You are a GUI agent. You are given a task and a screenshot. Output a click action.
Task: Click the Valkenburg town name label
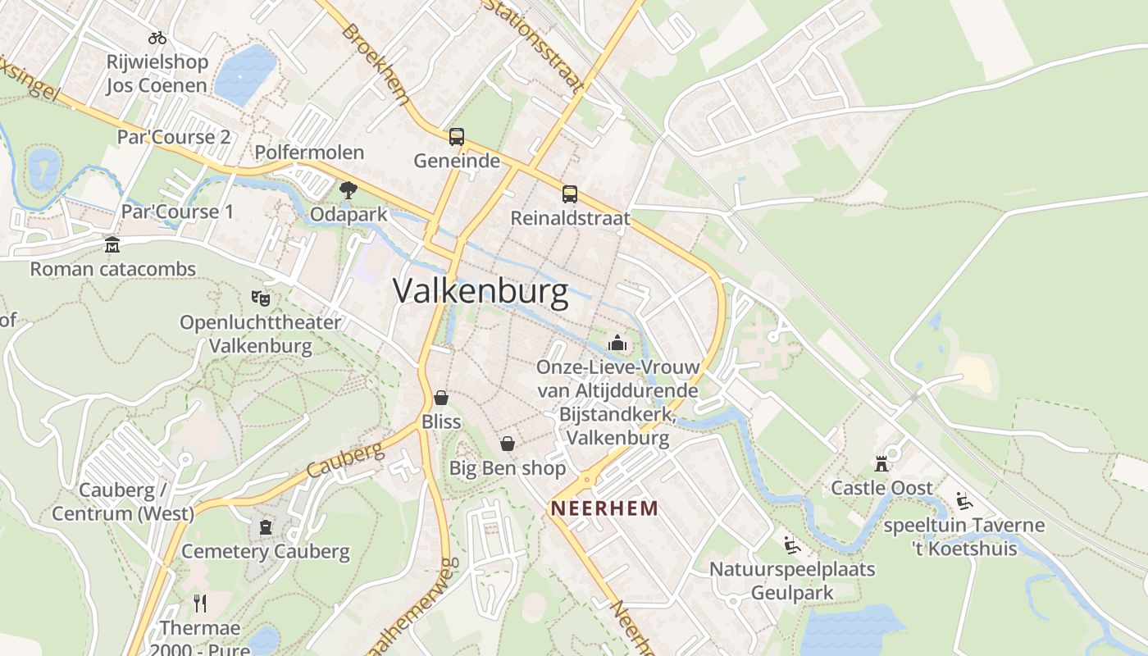[481, 292]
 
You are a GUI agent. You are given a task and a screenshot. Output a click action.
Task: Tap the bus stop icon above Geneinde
[457, 137]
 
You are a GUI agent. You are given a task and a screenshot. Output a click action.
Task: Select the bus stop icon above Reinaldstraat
[570, 194]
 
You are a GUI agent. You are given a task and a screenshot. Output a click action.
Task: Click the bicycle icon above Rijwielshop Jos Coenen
[157, 38]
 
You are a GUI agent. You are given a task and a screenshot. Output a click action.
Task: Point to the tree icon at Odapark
[348, 190]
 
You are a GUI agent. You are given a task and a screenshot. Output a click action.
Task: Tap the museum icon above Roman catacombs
[112, 244]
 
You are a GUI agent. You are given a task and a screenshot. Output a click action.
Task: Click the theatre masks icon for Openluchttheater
[261, 298]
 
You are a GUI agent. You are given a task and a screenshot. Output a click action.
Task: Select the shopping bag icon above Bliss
[441, 398]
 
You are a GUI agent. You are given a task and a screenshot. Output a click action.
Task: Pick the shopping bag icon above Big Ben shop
[508, 444]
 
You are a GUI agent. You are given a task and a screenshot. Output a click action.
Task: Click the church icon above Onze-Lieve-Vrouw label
[617, 343]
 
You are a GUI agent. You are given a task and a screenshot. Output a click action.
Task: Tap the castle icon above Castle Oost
[881, 464]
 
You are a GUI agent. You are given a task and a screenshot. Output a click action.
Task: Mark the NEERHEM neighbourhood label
[604, 508]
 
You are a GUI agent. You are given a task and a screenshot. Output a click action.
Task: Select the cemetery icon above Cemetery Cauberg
[266, 527]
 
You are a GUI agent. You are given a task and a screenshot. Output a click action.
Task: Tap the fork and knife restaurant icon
[200, 604]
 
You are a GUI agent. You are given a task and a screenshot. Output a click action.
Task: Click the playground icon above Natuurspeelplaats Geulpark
[791, 545]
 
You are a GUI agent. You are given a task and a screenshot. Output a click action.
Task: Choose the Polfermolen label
[309, 153]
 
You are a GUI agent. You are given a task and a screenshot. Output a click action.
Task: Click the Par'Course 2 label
[174, 136]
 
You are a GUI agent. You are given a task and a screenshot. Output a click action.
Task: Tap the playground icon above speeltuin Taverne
[964, 501]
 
